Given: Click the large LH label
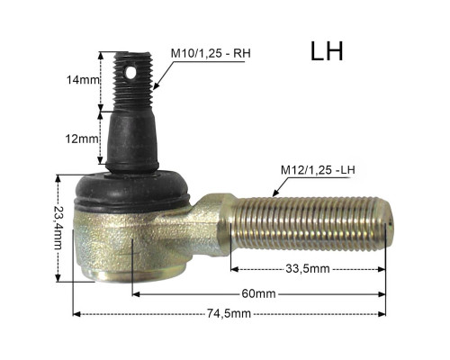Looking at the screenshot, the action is pos(327,51).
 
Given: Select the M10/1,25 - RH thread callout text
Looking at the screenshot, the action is pos(211,53).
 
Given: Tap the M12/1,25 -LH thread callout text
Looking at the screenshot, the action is pos(318,170).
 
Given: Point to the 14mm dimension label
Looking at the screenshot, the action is pos(83,80).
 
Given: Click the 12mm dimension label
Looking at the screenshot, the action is pos(82,139).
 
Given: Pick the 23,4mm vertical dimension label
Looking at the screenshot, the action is pos(58,228).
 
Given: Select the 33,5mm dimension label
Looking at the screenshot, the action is pos(308,269).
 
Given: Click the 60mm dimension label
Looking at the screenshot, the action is pos(258,293).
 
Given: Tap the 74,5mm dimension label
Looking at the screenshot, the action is pos(229,314).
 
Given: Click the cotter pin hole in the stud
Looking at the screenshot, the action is pos(130,72).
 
